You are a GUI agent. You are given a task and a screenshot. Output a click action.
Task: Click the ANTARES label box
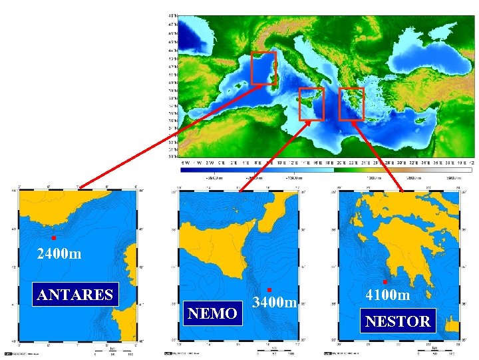[75, 294]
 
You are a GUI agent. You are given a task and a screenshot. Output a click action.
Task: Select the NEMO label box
[212, 313]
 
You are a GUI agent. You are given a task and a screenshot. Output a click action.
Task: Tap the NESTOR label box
[398, 321]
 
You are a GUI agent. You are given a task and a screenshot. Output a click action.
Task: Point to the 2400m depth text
[59, 254]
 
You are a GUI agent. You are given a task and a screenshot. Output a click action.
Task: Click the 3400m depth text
[275, 303]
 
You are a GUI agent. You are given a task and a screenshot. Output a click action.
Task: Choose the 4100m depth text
[388, 294]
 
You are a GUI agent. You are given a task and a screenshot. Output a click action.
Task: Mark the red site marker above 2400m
[53, 238]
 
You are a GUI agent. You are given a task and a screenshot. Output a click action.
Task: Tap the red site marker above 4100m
[385, 282]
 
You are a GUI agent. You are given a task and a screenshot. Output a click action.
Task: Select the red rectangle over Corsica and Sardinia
[263, 68]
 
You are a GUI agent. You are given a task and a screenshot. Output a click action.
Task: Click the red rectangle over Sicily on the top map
[311, 104]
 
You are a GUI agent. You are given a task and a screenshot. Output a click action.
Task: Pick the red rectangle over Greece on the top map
[351, 103]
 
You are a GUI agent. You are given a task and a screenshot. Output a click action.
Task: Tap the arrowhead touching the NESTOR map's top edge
[402, 189]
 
